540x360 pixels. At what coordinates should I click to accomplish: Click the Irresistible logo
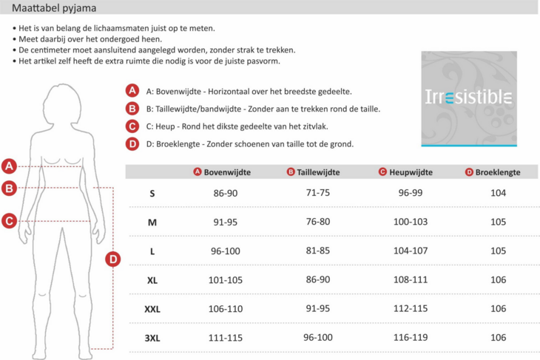pos(468,98)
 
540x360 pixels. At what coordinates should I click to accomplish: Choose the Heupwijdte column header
pos(412,172)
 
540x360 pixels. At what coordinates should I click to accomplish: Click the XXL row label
pos(152,308)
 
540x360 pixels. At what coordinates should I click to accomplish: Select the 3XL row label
pos(152,337)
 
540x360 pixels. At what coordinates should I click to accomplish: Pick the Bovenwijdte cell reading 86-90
pos(226,193)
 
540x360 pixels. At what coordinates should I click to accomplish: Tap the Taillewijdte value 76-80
pos(318,222)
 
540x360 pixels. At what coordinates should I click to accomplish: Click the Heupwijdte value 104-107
pos(411,251)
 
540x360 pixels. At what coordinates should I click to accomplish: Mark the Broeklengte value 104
pos(498,193)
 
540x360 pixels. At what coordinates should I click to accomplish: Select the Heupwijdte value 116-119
pos(411,337)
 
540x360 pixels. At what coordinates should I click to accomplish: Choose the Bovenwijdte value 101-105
pos(226,279)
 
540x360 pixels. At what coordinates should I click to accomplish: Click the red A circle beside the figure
pos(9,166)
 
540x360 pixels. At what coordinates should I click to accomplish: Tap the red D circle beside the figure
pos(113,259)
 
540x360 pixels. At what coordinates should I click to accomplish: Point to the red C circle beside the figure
pos(9,220)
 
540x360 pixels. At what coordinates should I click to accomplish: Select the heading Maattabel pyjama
pos(53,7)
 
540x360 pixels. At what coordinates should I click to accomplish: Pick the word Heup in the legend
pos(164,126)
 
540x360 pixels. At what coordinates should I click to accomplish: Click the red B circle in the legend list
pos(132,108)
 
